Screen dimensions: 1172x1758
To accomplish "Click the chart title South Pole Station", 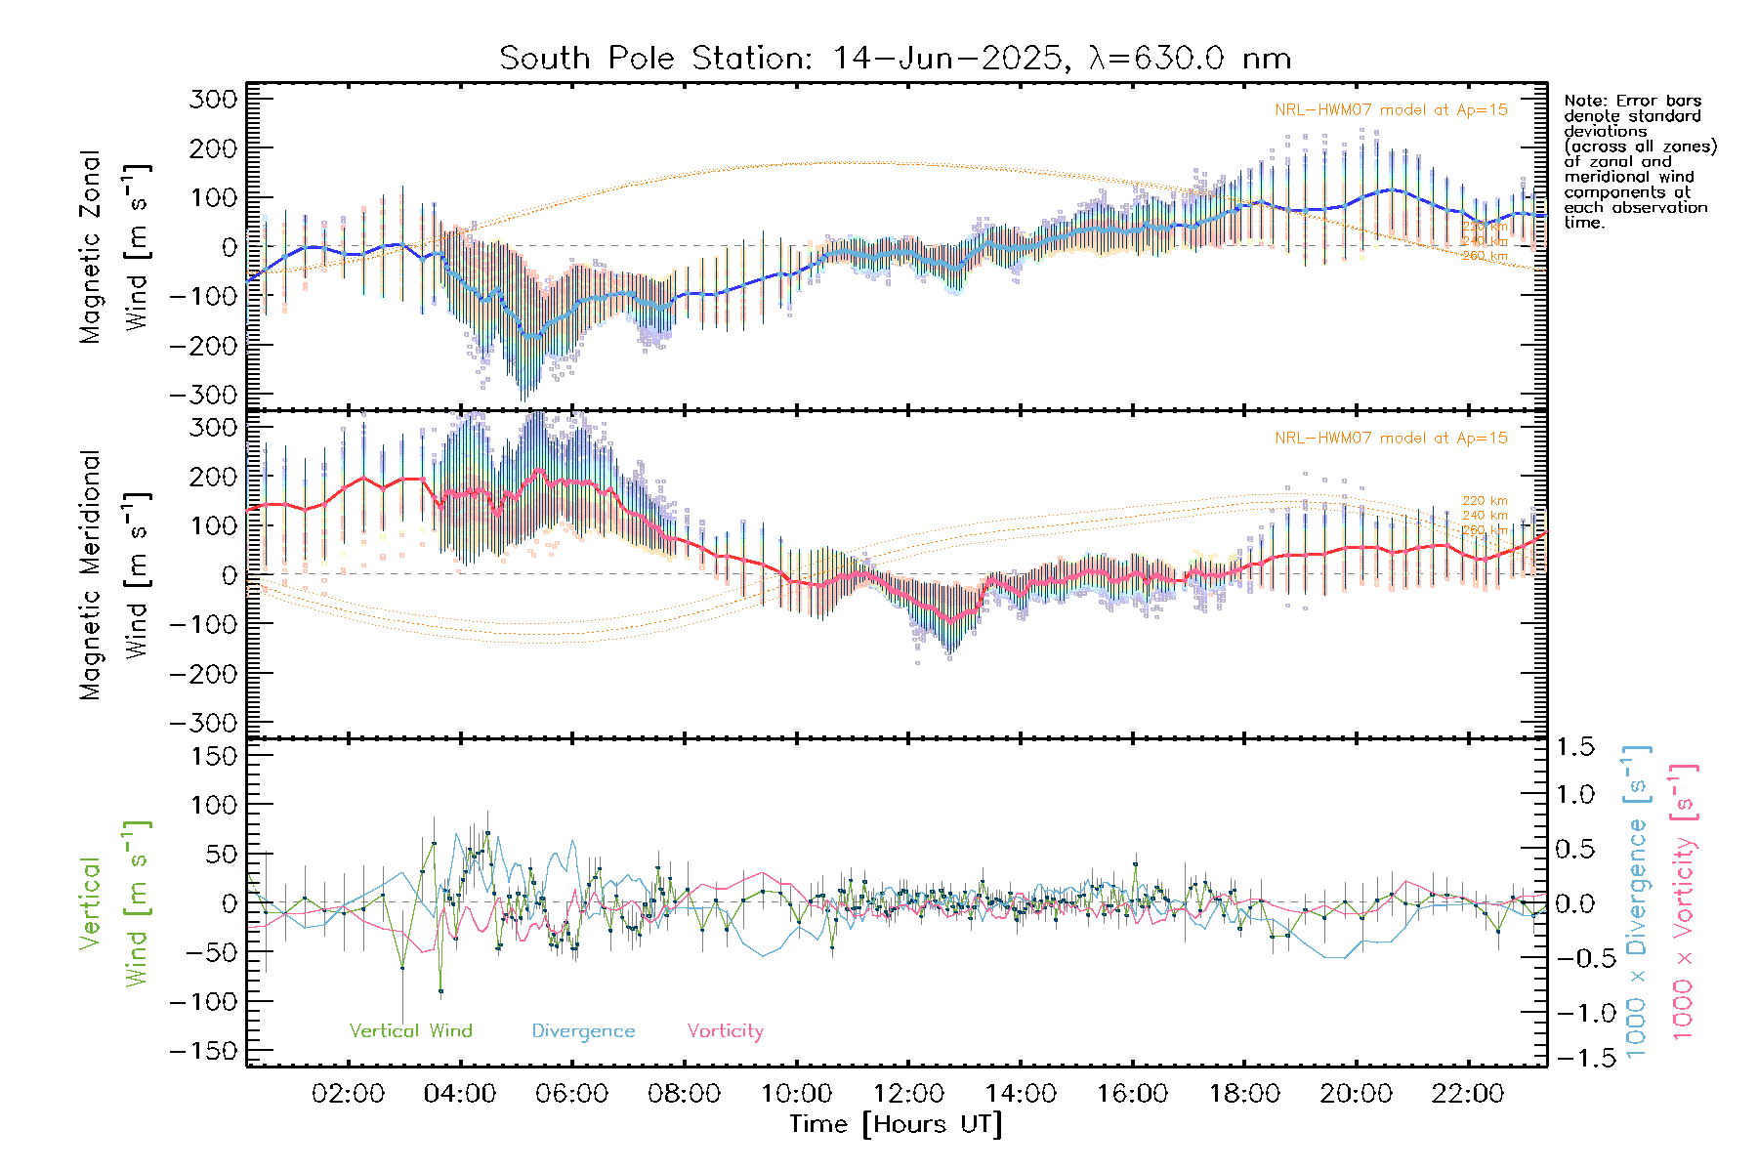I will (x=895, y=59).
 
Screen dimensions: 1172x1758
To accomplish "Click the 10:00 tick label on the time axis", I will (x=796, y=1094).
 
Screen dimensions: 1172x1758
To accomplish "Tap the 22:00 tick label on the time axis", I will (x=1467, y=1094).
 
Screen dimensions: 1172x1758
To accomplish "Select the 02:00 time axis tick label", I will (x=348, y=1094).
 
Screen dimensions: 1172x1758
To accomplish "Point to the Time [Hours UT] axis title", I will (x=896, y=1124).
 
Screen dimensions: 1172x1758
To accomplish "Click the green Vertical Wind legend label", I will (x=410, y=1031).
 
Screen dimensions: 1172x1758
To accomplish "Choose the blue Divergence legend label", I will (x=583, y=1031).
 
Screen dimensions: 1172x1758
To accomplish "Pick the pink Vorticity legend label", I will (x=725, y=1031).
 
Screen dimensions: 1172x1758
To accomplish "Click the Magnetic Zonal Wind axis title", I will (x=115, y=246).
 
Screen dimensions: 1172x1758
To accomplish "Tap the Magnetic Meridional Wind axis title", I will (x=115, y=574).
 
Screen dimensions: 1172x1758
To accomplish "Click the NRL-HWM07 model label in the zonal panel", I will (x=1391, y=110).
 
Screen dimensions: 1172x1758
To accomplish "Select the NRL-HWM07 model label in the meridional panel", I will (x=1391, y=439).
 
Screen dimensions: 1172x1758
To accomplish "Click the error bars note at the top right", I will (x=1639, y=161).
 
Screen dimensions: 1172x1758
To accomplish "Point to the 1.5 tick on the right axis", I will (x=1574, y=747).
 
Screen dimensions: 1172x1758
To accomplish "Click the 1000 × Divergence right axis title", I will (x=1637, y=900).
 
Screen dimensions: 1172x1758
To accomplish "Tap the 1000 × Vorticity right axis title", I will (x=1683, y=900).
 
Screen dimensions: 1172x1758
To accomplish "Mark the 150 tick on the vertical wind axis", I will (x=215, y=756).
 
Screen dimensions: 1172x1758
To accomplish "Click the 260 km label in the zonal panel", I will (x=1485, y=256).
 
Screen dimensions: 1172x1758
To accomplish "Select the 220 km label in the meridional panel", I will (x=1485, y=501).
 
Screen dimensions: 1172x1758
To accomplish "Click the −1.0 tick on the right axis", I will (x=1574, y=1013).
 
